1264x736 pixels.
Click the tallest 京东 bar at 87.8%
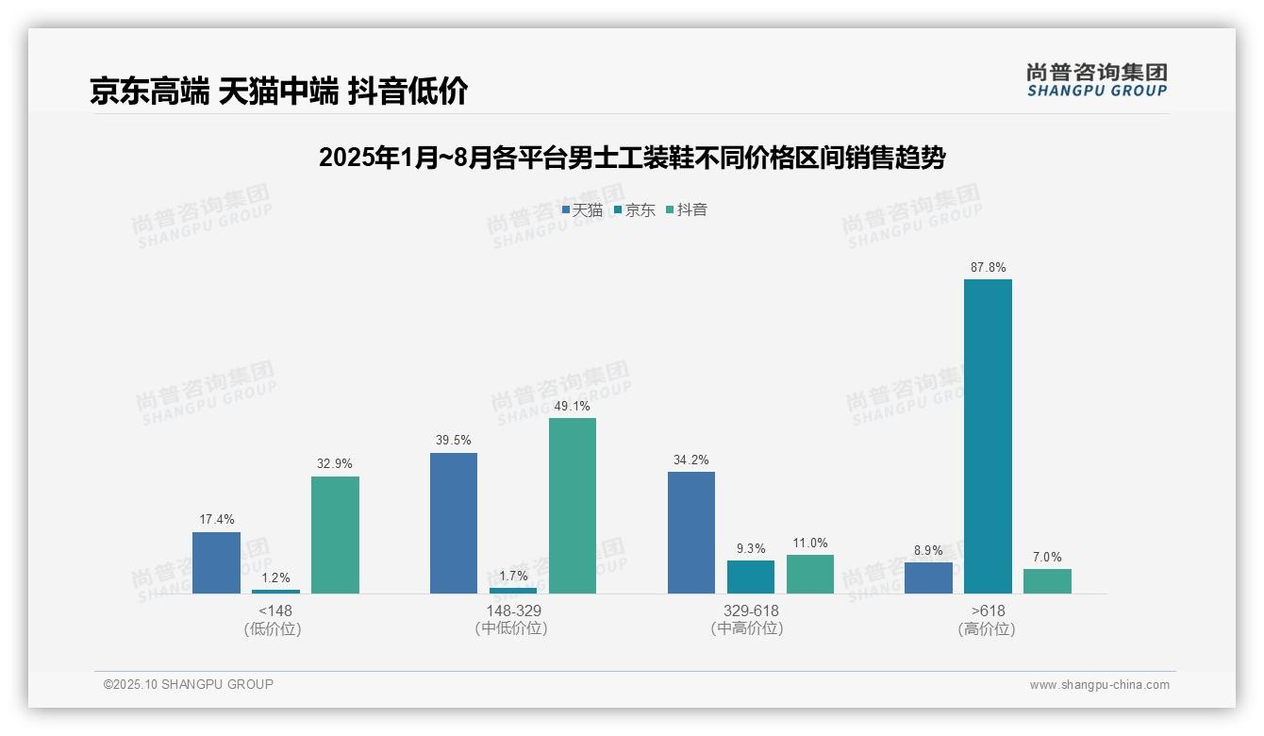pos(988,436)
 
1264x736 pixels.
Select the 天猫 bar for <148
pos(216,562)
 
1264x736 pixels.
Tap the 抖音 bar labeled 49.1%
pos(573,505)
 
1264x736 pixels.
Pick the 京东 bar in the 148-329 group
pos(513,590)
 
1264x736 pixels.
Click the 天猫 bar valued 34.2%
pos(691,532)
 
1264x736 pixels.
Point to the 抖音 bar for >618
pos(1047,580)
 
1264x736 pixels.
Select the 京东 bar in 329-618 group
pos(751,577)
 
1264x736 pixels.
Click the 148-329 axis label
pos(513,611)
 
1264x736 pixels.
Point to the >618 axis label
pos(988,611)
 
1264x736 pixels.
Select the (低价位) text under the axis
pos(273,628)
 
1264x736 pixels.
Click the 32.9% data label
pos(335,463)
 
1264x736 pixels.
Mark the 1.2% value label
pos(275,577)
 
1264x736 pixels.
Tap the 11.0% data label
pos(810,543)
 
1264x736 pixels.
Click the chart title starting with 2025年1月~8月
pos(632,158)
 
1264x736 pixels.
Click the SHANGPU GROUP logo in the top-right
pos(1096,80)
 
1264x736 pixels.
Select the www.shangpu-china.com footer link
pos(1099,685)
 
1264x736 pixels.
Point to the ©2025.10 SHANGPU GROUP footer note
pos(189,684)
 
